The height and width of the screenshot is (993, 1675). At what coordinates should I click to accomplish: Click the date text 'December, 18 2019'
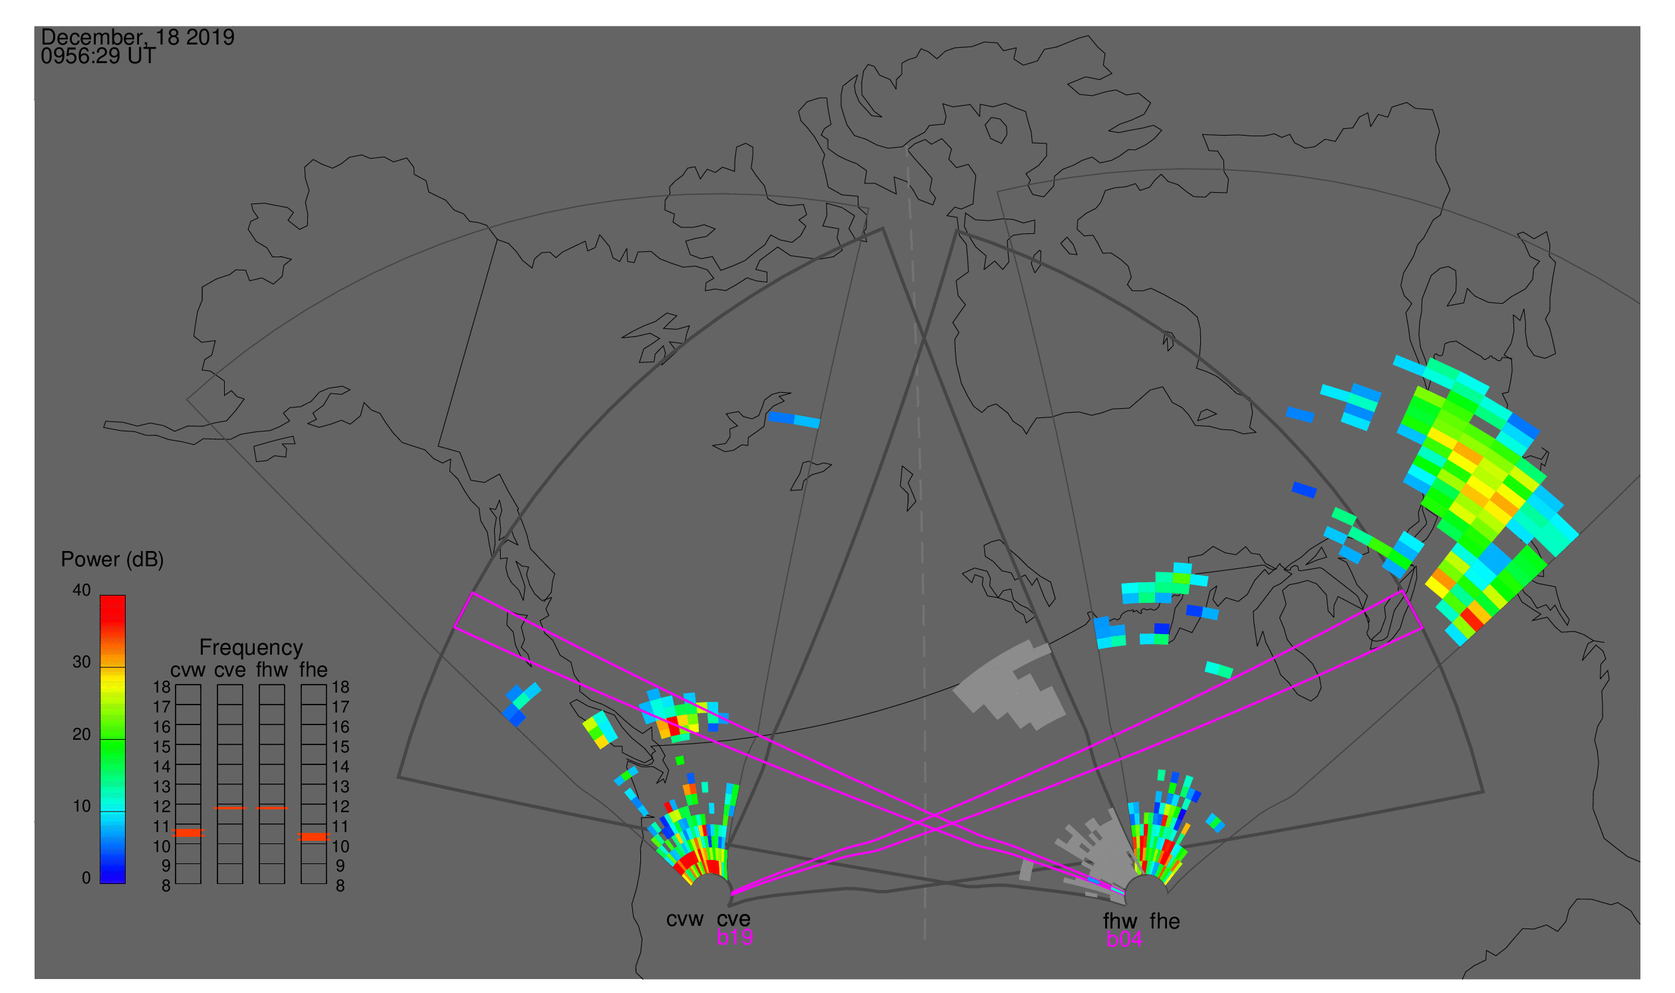(138, 37)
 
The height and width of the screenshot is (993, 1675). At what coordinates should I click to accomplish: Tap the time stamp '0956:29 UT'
(98, 56)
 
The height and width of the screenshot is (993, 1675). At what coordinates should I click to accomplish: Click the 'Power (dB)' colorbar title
(112, 560)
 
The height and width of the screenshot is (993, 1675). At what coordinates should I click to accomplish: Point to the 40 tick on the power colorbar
(82, 590)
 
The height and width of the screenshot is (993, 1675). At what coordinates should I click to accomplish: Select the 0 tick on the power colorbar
(86, 878)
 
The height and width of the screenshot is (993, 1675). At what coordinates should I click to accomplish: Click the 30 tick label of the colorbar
(82, 663)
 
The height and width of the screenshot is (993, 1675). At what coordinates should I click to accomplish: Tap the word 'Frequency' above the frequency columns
(251, 648)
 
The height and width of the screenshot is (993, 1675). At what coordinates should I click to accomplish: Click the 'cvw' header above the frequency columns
(188, 671)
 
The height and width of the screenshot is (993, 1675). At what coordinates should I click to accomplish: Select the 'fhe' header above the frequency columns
(313, 670)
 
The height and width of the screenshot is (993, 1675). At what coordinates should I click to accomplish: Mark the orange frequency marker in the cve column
(229, 808)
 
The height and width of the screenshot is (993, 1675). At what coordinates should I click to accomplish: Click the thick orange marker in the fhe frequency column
(313, 837)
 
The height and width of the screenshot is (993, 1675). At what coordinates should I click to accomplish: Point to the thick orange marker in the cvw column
(188, 833)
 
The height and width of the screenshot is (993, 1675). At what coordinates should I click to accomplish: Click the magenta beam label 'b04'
(1124, 939)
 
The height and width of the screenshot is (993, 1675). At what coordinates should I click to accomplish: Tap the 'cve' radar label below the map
(733, 919)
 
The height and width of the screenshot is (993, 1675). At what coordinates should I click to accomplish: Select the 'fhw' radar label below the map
(1120, 921)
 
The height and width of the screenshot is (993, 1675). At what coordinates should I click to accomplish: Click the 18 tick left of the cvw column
(162, 687)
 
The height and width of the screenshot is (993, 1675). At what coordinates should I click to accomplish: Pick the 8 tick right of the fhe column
(340, 886)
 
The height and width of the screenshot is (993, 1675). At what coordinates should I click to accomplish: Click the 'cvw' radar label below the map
(685, 919)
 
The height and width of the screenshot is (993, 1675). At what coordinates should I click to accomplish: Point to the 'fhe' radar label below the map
(1165, 921)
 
